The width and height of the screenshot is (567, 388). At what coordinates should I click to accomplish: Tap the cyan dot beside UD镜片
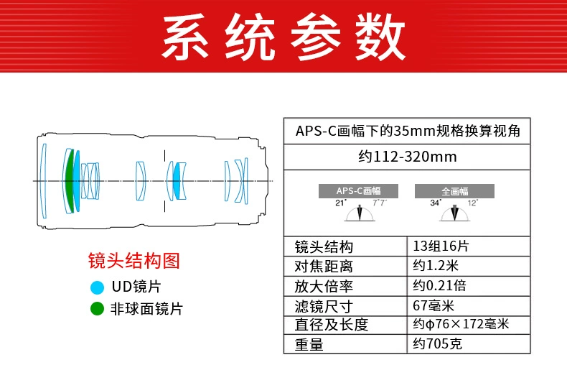click(97, 287)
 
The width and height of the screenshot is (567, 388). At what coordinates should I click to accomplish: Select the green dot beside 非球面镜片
click(97, 310)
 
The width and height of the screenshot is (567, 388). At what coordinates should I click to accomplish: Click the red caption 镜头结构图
click(133, 260)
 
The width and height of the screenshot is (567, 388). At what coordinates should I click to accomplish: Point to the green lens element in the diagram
click(69, 180)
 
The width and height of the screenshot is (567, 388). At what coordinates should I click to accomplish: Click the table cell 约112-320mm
click(407, 156)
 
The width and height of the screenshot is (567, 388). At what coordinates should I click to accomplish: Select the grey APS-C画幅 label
click(358, 191)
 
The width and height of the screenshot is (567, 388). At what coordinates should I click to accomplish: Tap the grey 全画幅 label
click(454, 191)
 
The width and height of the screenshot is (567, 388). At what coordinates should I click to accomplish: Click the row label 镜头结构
click(324, 247)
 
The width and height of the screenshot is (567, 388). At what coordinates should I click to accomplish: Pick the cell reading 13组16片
click(441, 247)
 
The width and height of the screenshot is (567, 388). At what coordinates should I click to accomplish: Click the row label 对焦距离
click(324, 267)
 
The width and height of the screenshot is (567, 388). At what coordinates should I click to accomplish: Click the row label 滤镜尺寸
click(324, 305)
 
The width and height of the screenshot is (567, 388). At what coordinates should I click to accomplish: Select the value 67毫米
click(434, 305)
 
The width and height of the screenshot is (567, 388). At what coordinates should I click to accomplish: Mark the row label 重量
click(309, 344)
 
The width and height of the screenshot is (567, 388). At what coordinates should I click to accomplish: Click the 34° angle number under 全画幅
click(435, 203)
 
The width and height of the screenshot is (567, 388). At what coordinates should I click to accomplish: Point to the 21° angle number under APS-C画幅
click(340, 203)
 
